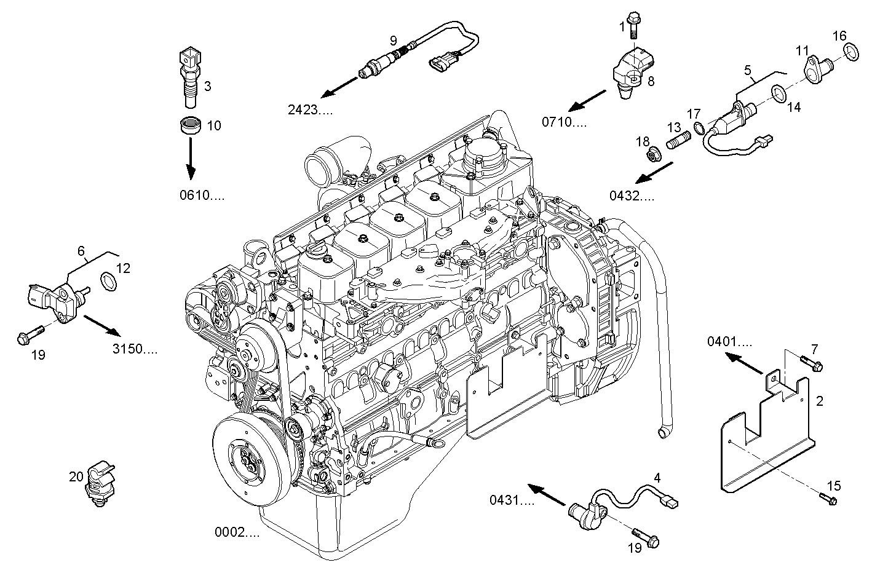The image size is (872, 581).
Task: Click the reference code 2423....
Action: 311,110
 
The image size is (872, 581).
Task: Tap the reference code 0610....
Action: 202,196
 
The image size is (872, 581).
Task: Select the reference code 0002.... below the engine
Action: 237,532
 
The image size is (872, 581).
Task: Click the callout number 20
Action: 76,476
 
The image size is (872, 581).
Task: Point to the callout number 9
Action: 393,41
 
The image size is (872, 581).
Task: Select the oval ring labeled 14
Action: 780,93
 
